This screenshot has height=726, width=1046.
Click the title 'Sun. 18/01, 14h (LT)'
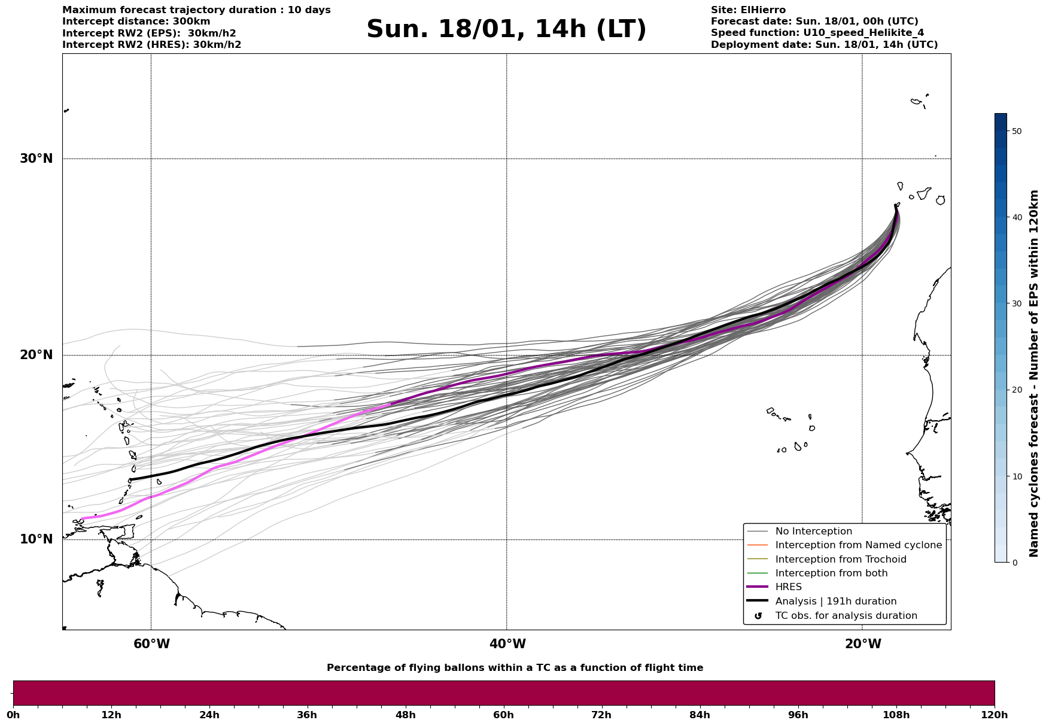tap(506, 29)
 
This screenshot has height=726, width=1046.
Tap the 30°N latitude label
tap(36, 159)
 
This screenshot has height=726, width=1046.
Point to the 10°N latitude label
tap(36, 539)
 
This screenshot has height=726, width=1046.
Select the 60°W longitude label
tap(151, 644)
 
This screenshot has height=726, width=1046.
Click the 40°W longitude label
tap(507, 644)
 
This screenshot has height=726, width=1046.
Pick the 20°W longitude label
tap(863, 644)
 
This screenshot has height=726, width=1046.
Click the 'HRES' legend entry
tap(788, 587)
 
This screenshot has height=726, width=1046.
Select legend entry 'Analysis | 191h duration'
tap(835, 602)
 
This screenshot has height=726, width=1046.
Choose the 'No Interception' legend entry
tap(813, 531)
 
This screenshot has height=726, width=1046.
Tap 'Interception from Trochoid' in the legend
tap(840, 560)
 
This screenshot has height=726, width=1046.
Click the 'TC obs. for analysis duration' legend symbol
tap(759, 616)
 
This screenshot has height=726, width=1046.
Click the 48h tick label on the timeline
tap(405, 715)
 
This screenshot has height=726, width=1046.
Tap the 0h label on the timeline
tap(13, 715)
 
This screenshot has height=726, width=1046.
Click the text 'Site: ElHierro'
tap(748, 10)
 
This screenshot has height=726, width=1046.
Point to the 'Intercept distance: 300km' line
tap(136, 22)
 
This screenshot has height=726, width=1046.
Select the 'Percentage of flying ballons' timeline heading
tap(515, 668)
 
